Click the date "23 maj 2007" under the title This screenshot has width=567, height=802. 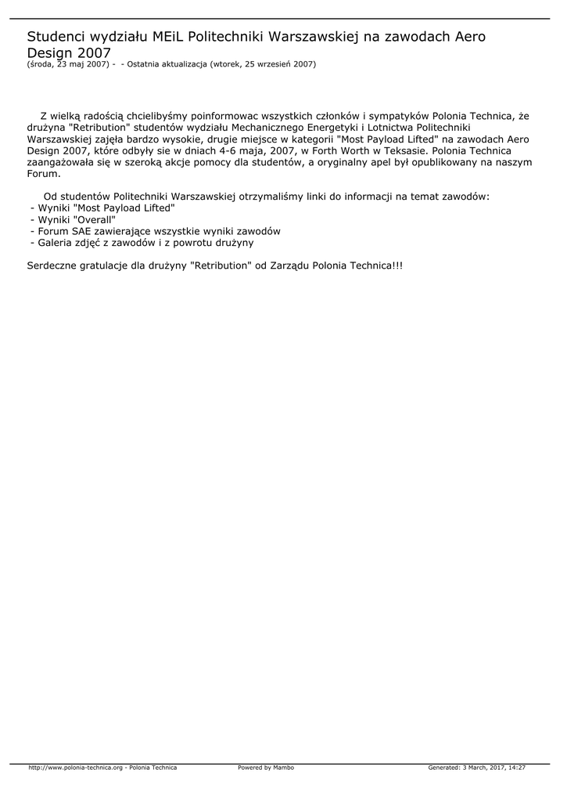pyautogui.click(x=82, y=64)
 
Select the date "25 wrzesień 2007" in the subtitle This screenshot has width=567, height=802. pyautogui.click(x=279, y=64)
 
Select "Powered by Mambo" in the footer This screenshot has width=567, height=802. pyautogui.click(x=266, y=768)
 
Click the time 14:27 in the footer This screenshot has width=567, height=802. pyautogui.click(x=517, y=768)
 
